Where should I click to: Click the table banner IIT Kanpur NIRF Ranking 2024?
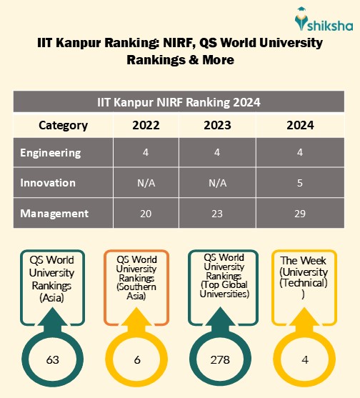pos(179,101)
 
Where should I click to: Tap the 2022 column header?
pos(146,125)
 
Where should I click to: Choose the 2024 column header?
pos(299,125)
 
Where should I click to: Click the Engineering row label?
pos(51,152)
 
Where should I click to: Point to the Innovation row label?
pos(48,182)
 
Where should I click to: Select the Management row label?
pos(54,213)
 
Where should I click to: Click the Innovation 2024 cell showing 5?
pos(299,182)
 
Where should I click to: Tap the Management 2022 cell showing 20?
pos(146,213)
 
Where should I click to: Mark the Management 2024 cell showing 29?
pos(299,213)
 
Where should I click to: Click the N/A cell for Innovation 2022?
pos(146,182)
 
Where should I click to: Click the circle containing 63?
pos(52,359)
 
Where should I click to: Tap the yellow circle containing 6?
pos(136,359)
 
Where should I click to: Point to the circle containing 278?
pos(221,359)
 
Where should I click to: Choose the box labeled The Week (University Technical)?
pos(305,278)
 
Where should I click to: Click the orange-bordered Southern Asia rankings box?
pos(136,278)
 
